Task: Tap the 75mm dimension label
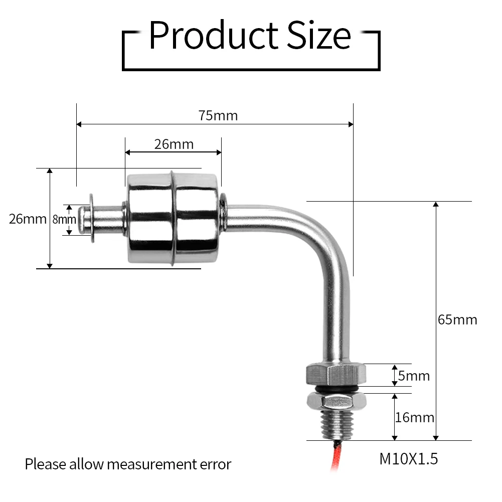(x=218, y=115)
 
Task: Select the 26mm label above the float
(x=174, y=144)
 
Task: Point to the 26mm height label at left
(x=28, y=219)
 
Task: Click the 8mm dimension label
(x=64, y=219)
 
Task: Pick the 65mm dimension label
(x=457, y=319)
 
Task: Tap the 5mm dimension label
(x=414, y=376)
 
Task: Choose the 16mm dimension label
(x=414, y=417)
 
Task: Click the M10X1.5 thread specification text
(x=409, y=458)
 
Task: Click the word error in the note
(x=216, y=464)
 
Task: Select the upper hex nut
(x=335, y=374)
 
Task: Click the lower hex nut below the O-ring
(x=335, y=400)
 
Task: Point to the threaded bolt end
(x=334, y=424)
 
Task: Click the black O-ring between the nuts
(x=335, y=389)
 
